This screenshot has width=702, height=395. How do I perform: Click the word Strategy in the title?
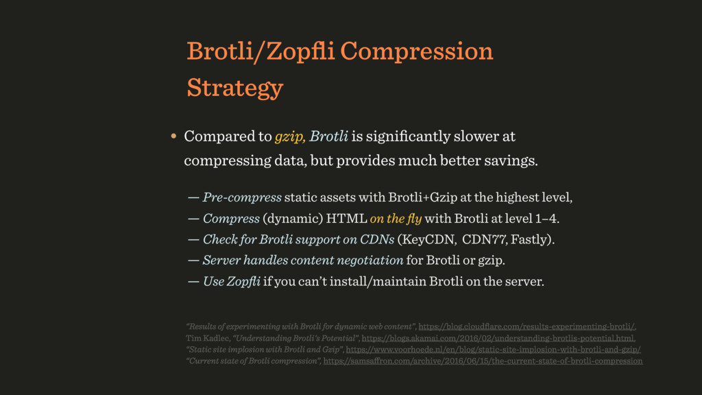[235, 88]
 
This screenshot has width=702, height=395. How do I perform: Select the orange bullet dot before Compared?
[173, 136]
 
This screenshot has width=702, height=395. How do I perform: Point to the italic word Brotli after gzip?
[328, 136]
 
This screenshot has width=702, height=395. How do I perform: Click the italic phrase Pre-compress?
[242, 197]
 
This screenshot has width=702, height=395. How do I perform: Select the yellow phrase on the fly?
[396, 219]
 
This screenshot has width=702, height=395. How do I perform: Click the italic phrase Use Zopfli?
[232, 282]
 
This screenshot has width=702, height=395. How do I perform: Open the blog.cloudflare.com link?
[526, 326]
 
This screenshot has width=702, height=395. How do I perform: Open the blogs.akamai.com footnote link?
[498, 338]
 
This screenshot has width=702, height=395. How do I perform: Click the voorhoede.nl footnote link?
[494, 349]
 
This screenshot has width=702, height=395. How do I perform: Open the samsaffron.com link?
[483, 361]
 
